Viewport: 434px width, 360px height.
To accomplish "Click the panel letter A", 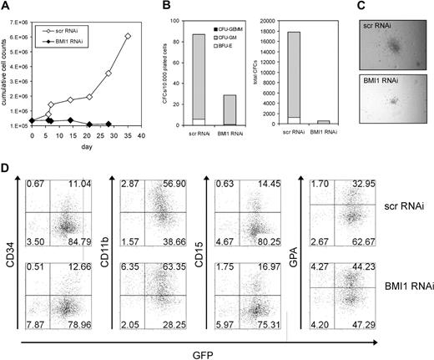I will [x=6, y=6].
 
